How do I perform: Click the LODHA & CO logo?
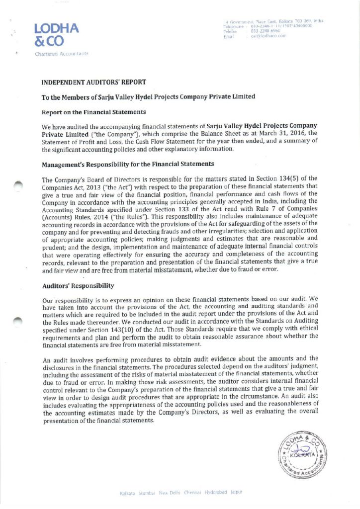[56, 35]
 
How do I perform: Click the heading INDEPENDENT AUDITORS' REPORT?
[93, 82]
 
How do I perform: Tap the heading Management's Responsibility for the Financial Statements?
[128, 163]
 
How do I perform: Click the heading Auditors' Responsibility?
[78, 286]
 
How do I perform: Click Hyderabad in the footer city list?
[216, 493]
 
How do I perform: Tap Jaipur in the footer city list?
[236, 493]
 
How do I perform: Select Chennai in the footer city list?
[191, 493]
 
